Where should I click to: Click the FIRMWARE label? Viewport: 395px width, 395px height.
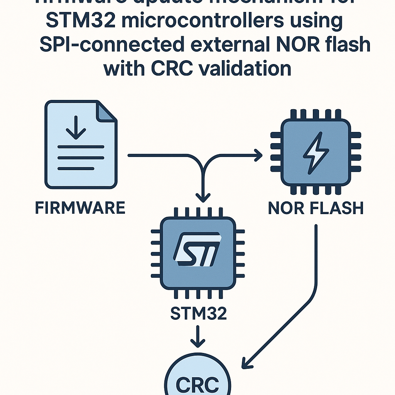[80, 208]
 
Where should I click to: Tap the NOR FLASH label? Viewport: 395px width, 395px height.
[316, 208]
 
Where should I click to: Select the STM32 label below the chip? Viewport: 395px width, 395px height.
[198, 313]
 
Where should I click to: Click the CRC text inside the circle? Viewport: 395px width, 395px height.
[197, 384]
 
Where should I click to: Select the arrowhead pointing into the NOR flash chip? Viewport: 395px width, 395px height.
[258, 155]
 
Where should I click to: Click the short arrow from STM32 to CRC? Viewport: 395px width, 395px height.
[197, 337]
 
